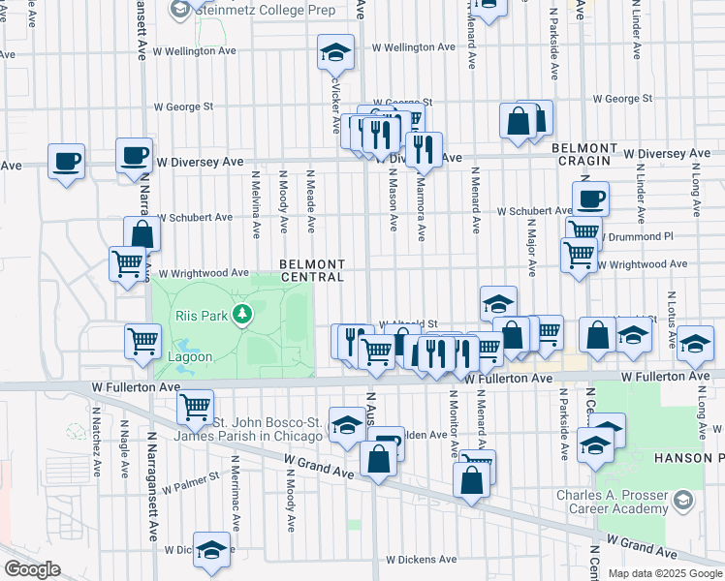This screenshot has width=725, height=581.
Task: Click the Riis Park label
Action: [x=200, y=316]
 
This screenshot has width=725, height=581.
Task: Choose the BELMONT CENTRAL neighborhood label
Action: [x=312, y=270]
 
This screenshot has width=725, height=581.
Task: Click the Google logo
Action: [x=32, y=569]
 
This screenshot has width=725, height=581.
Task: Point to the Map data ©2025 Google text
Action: [x=665, y=573]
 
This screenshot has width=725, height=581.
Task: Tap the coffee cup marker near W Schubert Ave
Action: [x=589, y=199]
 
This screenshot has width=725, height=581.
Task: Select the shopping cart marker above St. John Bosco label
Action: [x=196, y=406]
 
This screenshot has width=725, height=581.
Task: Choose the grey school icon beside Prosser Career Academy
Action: [x=683, y=501]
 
